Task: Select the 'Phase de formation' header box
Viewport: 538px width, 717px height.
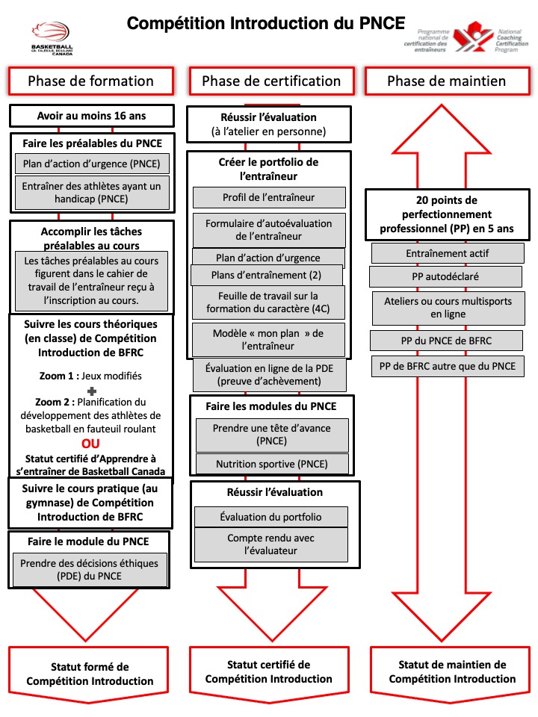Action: (x=90, y=81)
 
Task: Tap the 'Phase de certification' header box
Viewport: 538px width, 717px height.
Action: (x=270, y=81)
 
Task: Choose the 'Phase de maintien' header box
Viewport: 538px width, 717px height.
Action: (x=446, y=81)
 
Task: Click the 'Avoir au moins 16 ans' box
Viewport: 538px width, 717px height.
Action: (x=92, y=116)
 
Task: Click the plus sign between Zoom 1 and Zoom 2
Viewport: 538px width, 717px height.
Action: (x=91, y=391)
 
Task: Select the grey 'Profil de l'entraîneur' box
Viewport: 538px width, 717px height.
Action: (x=269, y=198)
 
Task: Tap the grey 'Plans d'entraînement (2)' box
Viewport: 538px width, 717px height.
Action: (x=267, y=275)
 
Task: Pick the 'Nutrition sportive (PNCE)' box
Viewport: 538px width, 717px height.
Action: (x=272, y=464)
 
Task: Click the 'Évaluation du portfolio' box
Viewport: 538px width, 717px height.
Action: (x=271, y=517)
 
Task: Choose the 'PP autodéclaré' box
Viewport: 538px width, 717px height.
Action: (x=446, y=277)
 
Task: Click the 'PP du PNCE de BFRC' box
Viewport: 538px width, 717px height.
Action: (x=446, y=341)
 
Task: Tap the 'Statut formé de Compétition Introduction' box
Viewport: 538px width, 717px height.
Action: (x=90, y=673)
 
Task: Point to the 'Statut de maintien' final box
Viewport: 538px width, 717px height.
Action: (x=452, y=671)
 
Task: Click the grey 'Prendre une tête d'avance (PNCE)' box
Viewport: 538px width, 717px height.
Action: (x=271, y=435)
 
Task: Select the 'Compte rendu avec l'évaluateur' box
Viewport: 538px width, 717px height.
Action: (x=271, y=544)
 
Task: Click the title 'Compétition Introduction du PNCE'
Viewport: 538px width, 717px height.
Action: (x=265, y=23)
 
